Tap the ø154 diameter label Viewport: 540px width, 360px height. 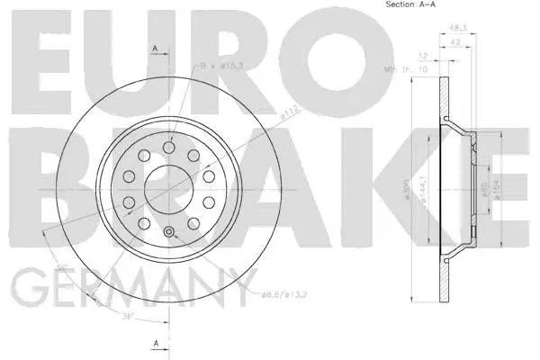click(499, 190)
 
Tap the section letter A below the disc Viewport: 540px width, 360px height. click(155, 343)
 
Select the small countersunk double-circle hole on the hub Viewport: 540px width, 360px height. click(169, 234)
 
